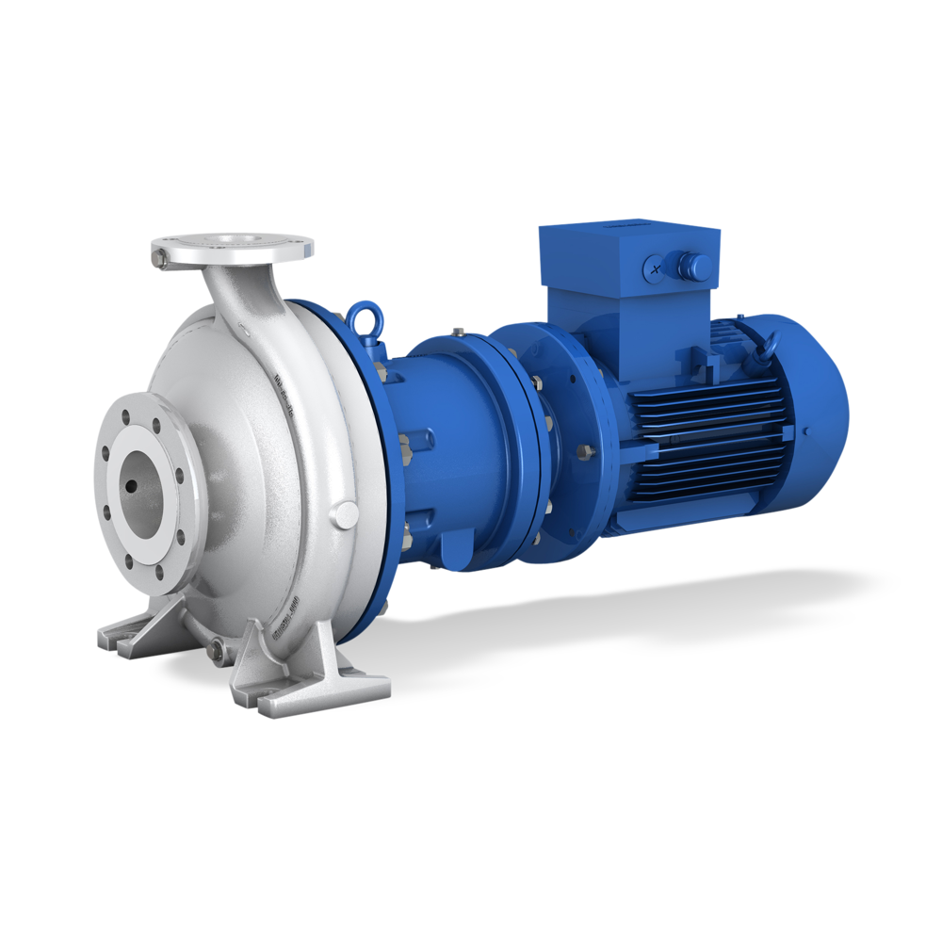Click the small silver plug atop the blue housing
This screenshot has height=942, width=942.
(458, 331)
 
